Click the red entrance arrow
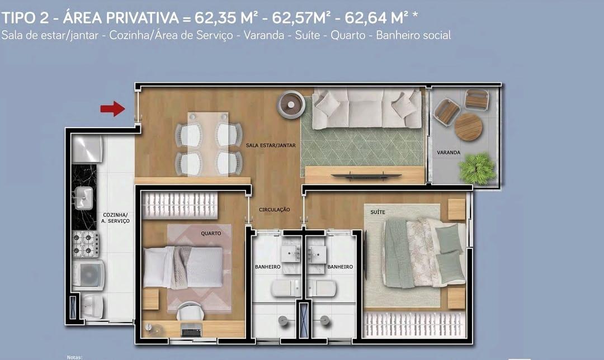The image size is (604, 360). pyautogui.click(x=112, y=108)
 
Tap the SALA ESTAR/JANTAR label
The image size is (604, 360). pyautogui.click(x=271, y=145)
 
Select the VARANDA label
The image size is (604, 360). pyautogui.click(x=449, y=152)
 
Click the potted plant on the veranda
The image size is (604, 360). pyautogui.click(x=477, y=168)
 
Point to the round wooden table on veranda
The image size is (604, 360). pyautogui.click(x=468, y=127)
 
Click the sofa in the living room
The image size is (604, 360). pyautogui.click(x=367, y=108)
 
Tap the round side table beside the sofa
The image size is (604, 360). pyautogui.click(x=292, y=105)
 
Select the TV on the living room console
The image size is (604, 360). pyautogui.click(x=366, y=176)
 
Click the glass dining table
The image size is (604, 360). pyautogui.click(x=208, y=143)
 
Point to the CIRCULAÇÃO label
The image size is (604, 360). pyautogui.click(x=274, y=210)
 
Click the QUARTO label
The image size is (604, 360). pyautogui.click(x=211, y=233)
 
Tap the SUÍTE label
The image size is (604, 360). pyautogui.click(x=378, y=212)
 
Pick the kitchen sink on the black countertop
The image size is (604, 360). pyautogui.click(x=84, y=196)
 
